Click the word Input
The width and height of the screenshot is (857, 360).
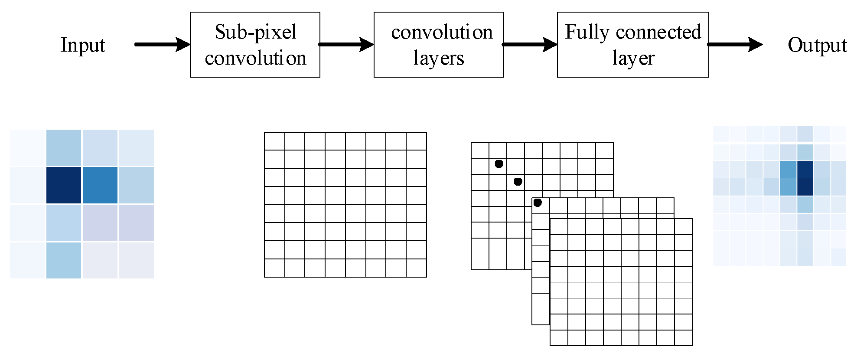coord(83,45)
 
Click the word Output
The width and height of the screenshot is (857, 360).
coord(817,45)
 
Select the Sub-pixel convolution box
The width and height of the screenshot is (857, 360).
coord(255,45)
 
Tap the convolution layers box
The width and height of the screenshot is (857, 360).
coord(439,45)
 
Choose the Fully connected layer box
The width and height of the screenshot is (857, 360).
coord(633,45)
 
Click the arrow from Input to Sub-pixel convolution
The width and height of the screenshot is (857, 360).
coord(162,44)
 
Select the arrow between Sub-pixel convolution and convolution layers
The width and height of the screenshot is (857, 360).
coord(346,44)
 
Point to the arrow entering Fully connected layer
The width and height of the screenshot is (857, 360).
coord(530,44)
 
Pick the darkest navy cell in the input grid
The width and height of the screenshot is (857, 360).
coord(64,185)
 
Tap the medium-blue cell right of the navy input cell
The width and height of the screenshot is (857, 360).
coord(100,185)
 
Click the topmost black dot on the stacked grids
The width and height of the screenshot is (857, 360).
coord(499,164)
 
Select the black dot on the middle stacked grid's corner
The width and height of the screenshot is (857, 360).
coord(538,203)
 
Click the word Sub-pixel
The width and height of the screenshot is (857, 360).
coord(256,32)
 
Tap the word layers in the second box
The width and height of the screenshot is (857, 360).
coord(439,58)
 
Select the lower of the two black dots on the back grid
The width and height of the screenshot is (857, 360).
coord(518,182)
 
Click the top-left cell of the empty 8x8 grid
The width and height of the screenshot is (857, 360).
coord(274,141)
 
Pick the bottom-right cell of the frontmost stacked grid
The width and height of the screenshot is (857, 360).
coord(683,338)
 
